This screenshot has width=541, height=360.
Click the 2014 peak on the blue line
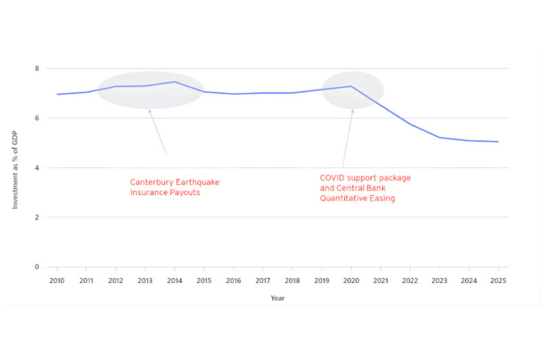pos(173,82)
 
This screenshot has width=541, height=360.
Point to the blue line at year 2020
pos(352,86)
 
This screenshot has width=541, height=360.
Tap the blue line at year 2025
pos(498,142)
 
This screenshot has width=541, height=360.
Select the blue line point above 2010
pos(57,94)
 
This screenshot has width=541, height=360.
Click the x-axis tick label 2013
pos(145,280)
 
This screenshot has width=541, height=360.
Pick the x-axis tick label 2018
pos(292,280)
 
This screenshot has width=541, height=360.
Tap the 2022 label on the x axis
pos(410,280)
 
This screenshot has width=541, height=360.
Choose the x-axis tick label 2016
pos(233,280)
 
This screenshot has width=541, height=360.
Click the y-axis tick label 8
pos(36,68)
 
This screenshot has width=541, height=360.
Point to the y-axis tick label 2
pos(36,217)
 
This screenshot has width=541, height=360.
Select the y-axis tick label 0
pos(36,267)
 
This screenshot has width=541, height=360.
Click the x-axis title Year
pos(277,297)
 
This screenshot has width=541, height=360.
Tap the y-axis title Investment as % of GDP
pos(15,167)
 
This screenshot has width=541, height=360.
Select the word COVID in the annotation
pos(332,178)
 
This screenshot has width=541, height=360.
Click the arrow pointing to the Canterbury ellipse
pos(157,131)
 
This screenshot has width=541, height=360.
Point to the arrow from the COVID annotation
pos(347,139)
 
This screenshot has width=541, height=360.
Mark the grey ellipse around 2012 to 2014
pos(150,90)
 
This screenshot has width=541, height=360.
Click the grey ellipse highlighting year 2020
pos(353,90)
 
